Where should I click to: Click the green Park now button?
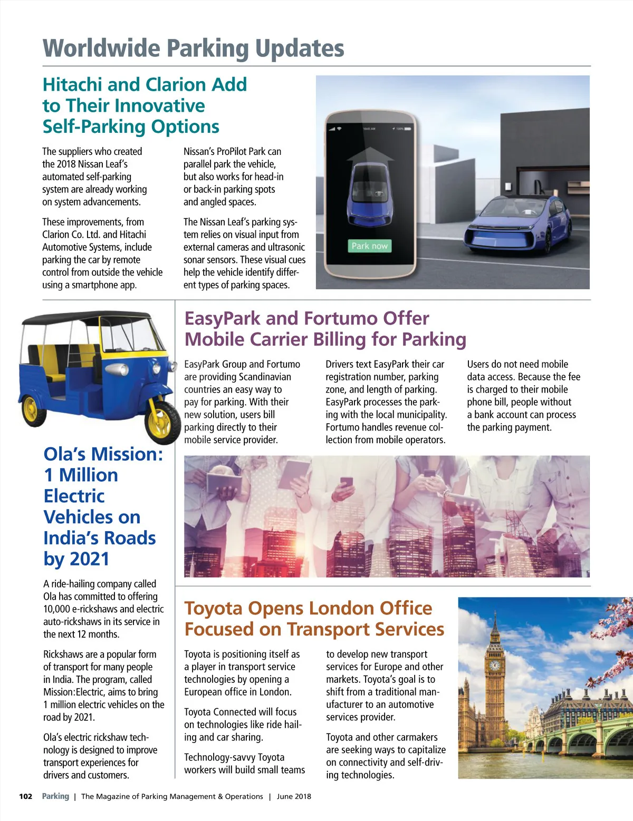pos(369,246)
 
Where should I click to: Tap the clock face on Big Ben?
pos(494,665)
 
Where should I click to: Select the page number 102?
pos(26,796)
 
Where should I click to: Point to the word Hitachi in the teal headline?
pos(72,85)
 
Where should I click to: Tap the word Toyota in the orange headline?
pos(213,609)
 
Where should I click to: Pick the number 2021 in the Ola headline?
pos(87,559)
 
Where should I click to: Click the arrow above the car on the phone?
pos(370,154)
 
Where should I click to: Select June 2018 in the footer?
pos(294,796)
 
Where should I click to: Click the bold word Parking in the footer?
pos(55,796)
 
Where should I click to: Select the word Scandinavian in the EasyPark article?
pos(265,377)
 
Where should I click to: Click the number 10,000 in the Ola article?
pos(57,609)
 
